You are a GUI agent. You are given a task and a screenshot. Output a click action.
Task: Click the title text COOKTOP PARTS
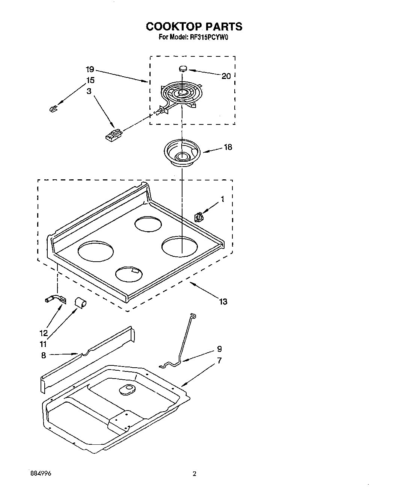tap(194, 27)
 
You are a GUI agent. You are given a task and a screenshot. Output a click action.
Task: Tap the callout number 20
tap(226, 76)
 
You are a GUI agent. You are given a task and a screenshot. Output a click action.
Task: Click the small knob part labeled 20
tap(183, 68)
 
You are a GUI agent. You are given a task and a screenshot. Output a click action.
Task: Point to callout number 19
tap(90, 70)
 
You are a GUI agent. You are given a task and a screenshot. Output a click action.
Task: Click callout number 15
tap(90, 80)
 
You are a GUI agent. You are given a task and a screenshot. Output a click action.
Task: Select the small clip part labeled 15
tap(53, 109)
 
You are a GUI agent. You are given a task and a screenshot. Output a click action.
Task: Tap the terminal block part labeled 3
tap(113, 134)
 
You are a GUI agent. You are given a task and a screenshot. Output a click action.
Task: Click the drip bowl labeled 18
tap(182, 152)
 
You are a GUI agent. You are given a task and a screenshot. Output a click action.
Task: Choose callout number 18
tap(228, 147)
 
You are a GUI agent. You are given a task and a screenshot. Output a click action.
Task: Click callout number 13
tap(223, 302)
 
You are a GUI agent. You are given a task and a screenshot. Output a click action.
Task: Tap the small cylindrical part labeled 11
tap(80, 302)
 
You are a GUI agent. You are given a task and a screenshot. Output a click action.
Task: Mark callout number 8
tap(44, 355)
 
